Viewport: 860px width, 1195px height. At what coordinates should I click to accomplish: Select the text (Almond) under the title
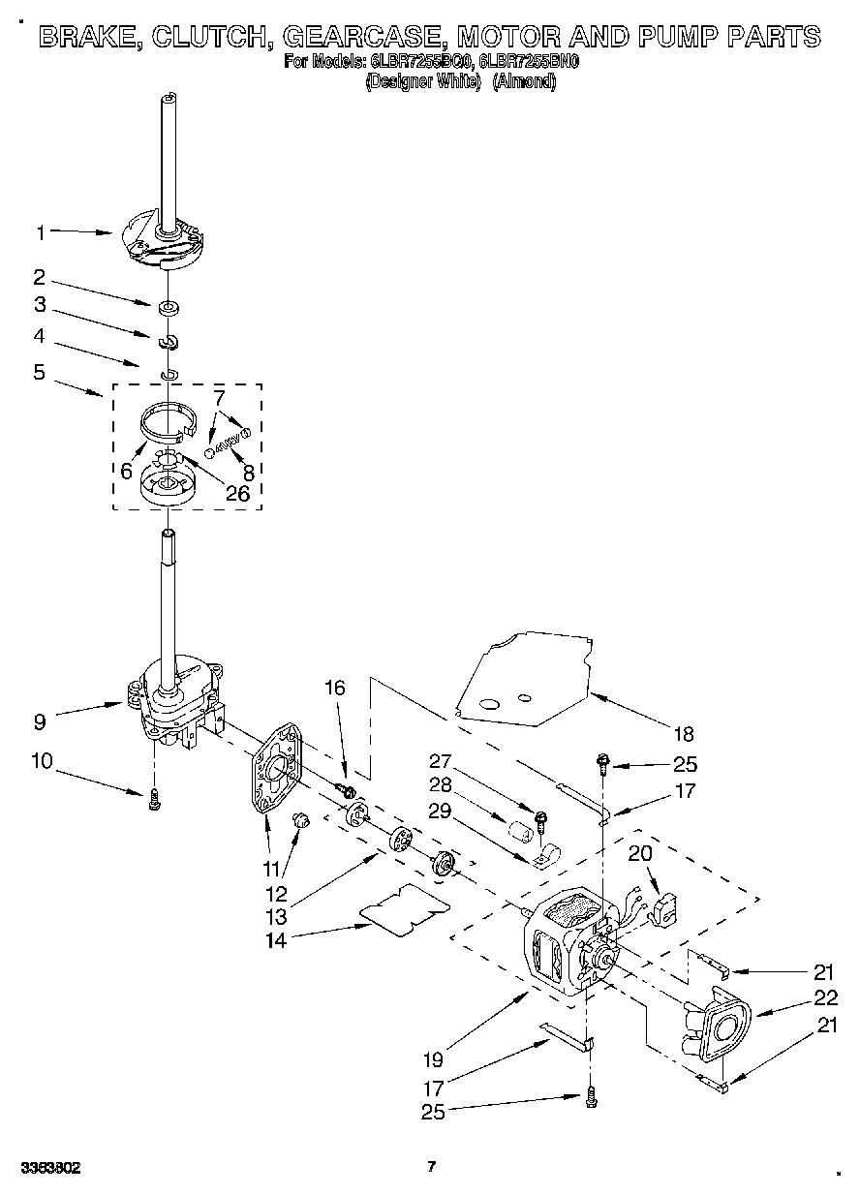pos(524,82)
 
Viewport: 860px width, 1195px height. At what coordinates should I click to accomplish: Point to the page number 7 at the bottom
pos(432,1166)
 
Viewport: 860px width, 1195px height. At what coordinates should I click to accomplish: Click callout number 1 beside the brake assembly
pos(41,232)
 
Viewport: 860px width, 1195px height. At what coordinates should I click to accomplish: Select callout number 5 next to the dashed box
pos(40,371)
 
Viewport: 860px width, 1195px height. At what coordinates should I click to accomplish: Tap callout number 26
pos(236,493)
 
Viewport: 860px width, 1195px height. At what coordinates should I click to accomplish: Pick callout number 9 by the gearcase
pos(40,721)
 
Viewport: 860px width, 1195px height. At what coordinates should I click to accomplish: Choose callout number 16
pos(334,689)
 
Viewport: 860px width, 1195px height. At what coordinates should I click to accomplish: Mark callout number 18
pos(685,734)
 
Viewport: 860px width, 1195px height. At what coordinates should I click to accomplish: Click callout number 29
pos(441,812)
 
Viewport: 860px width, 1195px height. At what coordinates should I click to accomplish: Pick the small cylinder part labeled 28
pos(522,831)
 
